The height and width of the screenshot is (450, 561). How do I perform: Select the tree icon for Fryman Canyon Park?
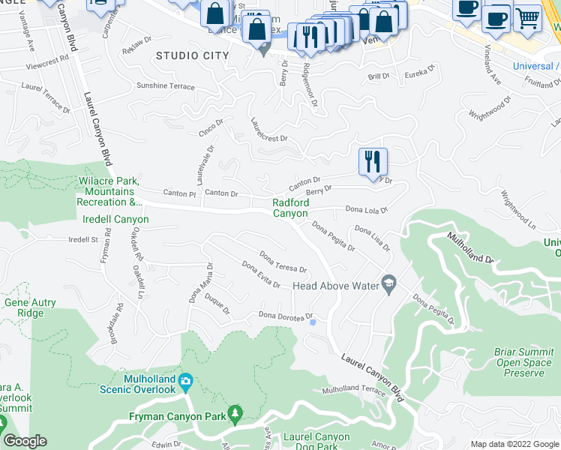tap(235, 412)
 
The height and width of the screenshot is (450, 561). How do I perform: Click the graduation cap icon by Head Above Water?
tap(388, 285)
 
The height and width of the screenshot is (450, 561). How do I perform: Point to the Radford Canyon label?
tap(289, 208)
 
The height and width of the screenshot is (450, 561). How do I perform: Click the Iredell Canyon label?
tap(115, 219)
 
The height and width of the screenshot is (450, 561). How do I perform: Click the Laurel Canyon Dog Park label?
tap(316, 442)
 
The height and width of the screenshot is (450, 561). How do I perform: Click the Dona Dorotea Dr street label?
tap(284, 316)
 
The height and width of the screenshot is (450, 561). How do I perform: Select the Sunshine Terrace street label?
tap(165, 86)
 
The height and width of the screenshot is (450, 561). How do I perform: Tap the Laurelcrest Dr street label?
tap(269, 130)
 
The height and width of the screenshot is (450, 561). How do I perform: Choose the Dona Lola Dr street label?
tap(365, 210)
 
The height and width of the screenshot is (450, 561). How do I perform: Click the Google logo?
tap(25, 441)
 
